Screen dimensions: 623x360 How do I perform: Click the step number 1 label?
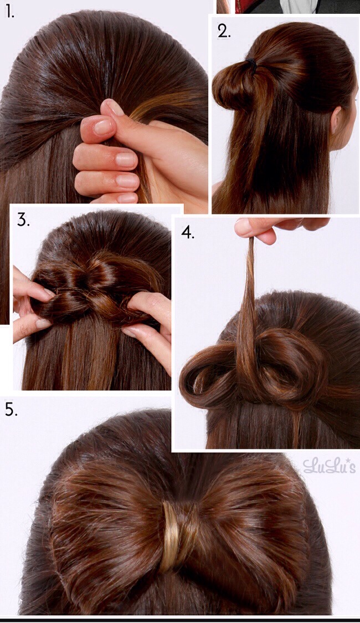(9, 12)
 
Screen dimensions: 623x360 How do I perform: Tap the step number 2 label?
(223, 31)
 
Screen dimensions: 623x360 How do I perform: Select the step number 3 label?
(23, 220)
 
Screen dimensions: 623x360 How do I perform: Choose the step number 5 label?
(11, 410)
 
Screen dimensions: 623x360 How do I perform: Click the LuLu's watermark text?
(329, 466)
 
